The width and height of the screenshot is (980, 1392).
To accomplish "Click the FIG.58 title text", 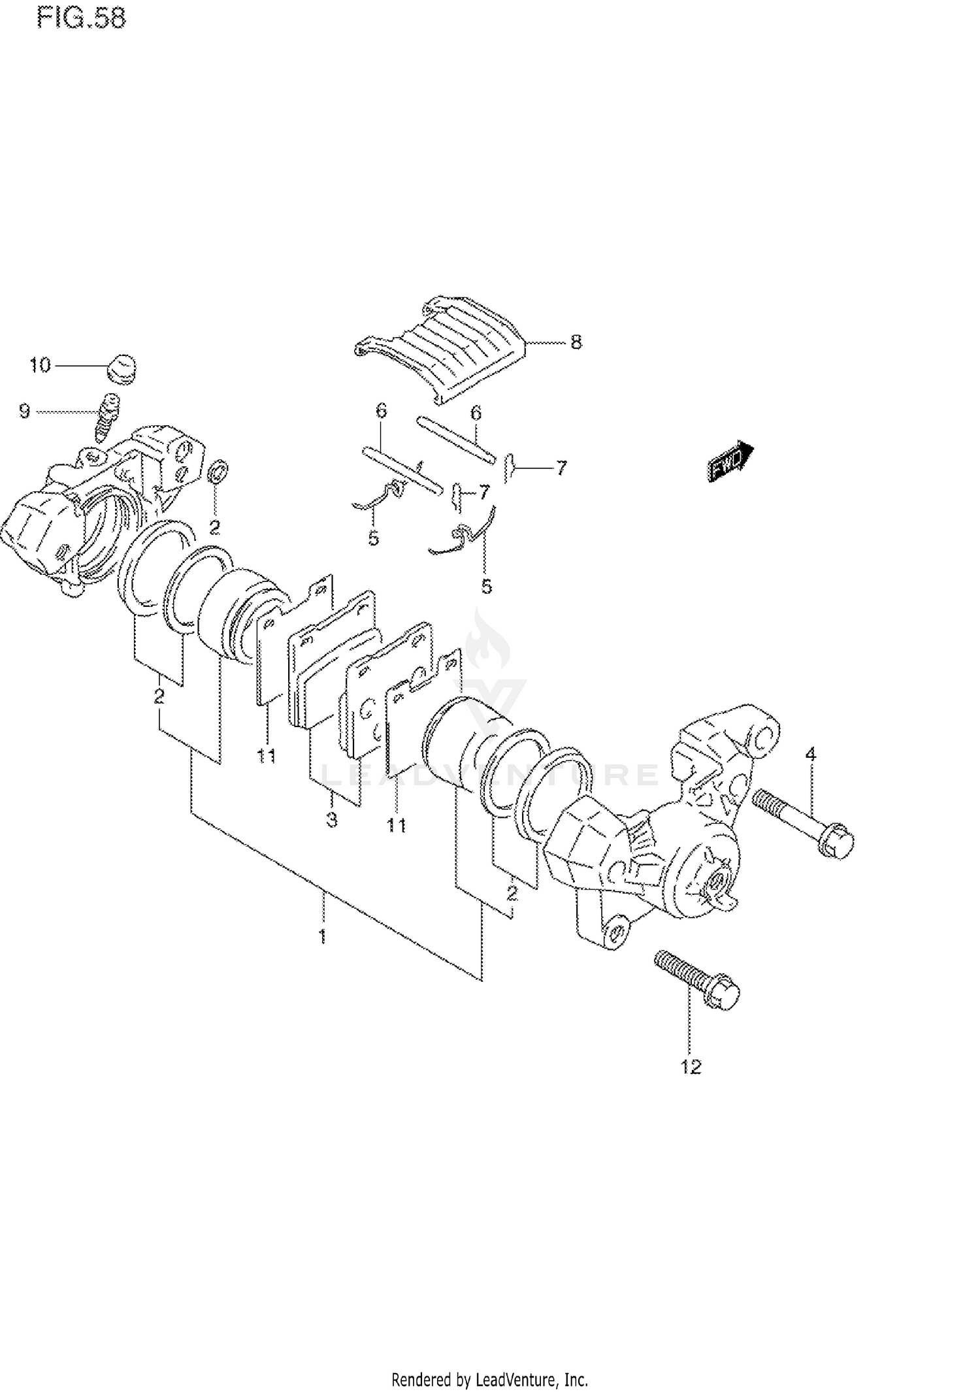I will [x=81, y=18].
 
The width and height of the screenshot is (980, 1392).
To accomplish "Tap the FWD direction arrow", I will [x=730, y=461].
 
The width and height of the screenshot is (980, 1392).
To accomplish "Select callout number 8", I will [x=576, y=342].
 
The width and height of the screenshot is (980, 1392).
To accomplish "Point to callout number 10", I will [x=40, y=365].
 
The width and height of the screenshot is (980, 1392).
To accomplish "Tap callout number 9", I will [x=24, y=412].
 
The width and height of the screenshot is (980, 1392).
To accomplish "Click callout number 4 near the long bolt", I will [x=810, y=754].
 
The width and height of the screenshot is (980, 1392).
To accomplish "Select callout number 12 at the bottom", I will [x=691, y=1067].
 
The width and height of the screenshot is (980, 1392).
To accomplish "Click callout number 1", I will [x=322, y=937].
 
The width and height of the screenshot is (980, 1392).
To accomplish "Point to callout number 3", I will [x=332, y=820].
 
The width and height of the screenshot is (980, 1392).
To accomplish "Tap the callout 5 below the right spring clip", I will [x=486, y=587].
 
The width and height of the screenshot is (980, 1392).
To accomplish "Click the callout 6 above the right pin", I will [x=476, y=413].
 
